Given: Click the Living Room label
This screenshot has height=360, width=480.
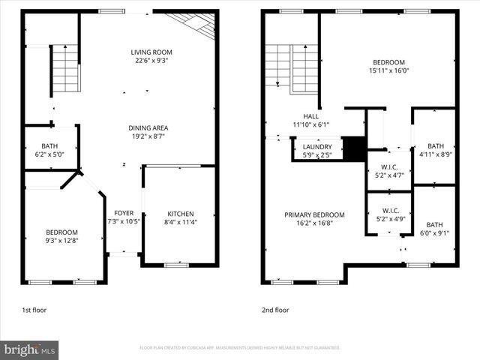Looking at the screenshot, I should click(148, 52).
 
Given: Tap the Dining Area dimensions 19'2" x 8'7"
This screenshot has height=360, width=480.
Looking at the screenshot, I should click(148, 137).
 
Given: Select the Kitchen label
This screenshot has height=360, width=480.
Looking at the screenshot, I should click(179, 213).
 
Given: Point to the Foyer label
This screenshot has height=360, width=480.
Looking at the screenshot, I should click(124, 213).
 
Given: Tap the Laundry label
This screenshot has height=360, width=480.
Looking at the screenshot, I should click(316, 147).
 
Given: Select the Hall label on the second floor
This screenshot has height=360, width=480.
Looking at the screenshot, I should click(311, 116).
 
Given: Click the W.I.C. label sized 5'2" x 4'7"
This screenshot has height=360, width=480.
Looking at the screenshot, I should click(389, 166).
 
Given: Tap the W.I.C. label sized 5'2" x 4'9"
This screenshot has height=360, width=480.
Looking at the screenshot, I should click(389, 211).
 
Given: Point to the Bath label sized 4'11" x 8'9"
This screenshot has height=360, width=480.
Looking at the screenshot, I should click(435, 145).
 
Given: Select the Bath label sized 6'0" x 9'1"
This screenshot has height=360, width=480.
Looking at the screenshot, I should click(435, 224).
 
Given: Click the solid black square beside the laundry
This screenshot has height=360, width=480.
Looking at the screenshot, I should click(352, 148).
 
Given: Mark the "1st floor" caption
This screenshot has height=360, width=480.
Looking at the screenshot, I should click(34, 310).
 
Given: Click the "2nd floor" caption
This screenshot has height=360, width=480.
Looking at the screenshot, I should click(274, 310).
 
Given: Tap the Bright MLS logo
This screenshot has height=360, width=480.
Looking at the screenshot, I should click(30, 349).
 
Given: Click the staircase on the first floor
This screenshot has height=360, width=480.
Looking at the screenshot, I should click(65, 67).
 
